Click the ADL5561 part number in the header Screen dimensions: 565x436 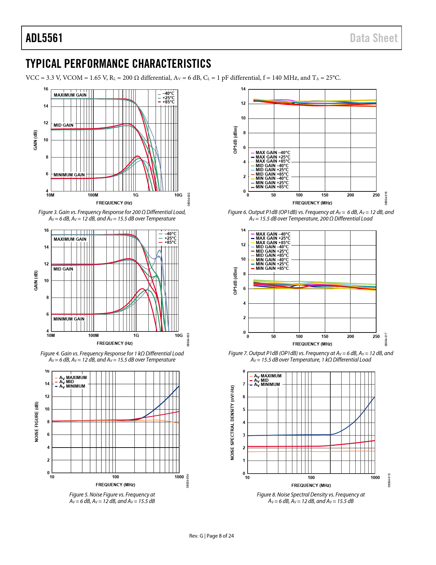(x=44, y=38)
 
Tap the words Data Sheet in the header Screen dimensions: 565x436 (x=374, y=38)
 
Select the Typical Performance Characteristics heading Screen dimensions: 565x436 (x=118, y=64)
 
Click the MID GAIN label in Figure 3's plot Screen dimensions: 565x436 (x=63, y=125)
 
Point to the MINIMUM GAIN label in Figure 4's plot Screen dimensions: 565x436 (x=69, y=319)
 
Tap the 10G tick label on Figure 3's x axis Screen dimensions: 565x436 (x=178, y=195)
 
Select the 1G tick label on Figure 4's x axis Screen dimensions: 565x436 (x=136, y=336)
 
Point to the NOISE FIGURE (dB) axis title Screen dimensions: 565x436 (x=37, y=422)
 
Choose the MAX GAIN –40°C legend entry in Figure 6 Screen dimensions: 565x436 (x=273, y=153)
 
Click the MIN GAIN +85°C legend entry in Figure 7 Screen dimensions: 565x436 (x=272, y=268)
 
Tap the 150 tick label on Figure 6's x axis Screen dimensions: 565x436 (x=325, y=195)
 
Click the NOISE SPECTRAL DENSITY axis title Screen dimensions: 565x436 (x=232, y=423)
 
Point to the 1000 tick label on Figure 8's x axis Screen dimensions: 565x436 (x=375, y=478)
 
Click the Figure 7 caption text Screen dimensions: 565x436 (x=311, y=356)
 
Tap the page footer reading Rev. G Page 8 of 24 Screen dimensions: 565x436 (x=212, y=536)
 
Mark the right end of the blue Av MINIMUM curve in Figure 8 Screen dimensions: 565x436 (x=375, y=397)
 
